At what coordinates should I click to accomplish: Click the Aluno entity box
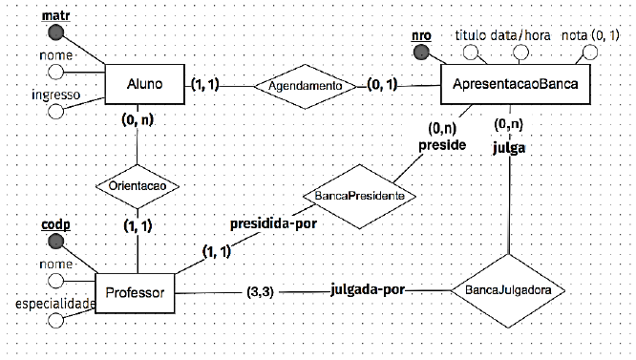coord(144,86)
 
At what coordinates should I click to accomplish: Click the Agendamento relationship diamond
coord(306,86)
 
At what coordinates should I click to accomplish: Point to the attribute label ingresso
coord(54,95)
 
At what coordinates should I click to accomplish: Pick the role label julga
coord(510,147)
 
